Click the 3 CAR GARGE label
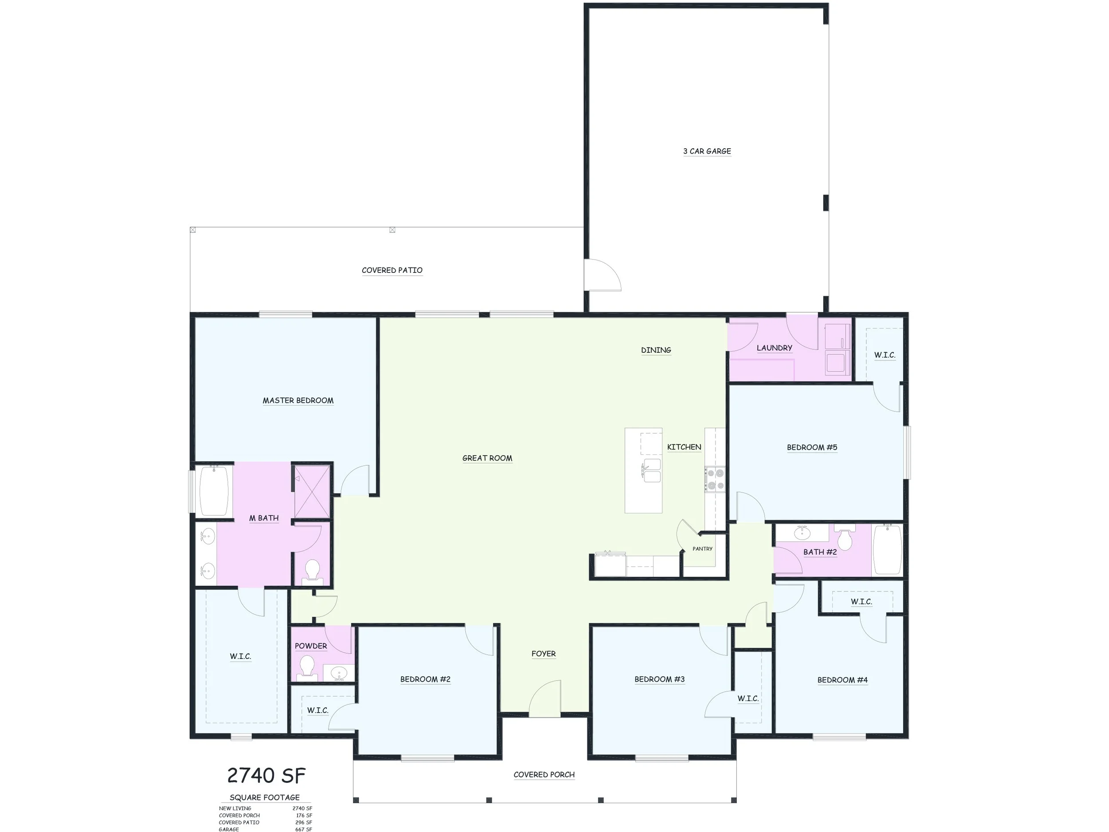[x=707, y=151]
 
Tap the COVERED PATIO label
[x=392, y=270]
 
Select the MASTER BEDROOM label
[x=298, y=400]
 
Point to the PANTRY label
[x=702, y=548]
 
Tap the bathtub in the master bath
[x=214, y=490]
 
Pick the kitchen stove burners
[x=715, y=479]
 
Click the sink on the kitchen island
[x=651, y=470]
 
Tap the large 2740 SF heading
[x=266, y=775]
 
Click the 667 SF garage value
[x=303, y=829]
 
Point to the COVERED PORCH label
[x=544, y=774]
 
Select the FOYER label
[x=543, y=654]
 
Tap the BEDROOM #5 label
[x=812, y=447]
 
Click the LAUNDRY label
[x=774, y=347]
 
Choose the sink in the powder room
[x=339, y=673]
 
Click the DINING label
[x=656, y=350]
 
